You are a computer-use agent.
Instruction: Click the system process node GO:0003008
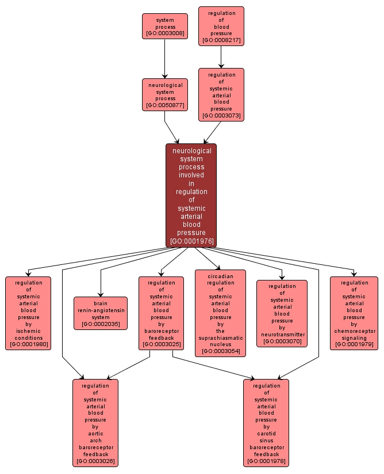[x=165, y=26]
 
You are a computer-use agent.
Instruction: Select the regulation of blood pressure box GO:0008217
[x=221, y=26]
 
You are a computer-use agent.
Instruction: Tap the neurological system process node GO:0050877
[x=165, y=94]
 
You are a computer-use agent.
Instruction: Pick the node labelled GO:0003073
[x=221, y=94]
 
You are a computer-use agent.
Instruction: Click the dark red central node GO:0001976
[x=191, y=195]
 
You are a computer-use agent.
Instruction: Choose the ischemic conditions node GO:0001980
[x=28, y=313]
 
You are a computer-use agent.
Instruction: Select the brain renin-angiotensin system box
[x=101, y=313]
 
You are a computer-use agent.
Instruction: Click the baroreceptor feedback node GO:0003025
[x=161, y=313]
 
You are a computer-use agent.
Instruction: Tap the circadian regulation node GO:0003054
[x=220, y=313]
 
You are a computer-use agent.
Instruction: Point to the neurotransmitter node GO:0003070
[x=282, y=313]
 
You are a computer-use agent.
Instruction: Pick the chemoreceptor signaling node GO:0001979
[x=354, y=313]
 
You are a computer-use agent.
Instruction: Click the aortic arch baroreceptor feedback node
[x=95, y=422]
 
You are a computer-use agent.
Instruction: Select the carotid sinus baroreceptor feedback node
[x=266, y=422]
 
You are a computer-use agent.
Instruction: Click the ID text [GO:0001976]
[x=191, y=241]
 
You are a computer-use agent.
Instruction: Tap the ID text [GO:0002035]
[x=101, y=325]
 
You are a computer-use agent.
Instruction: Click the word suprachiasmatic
[x=220, y=338]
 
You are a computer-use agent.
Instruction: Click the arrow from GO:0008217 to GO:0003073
[x=221, y=57]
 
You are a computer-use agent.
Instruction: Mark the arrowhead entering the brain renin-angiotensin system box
[x=101, y=294]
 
